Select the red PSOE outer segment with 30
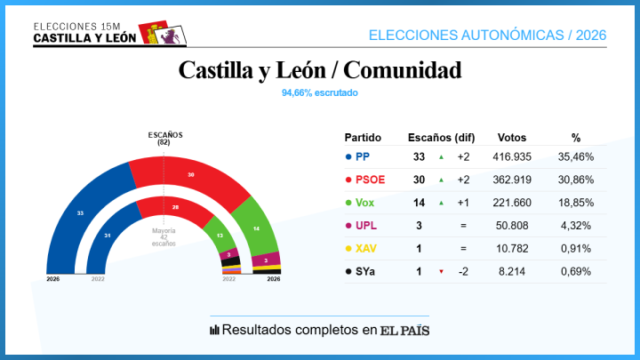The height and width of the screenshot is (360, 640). coord(190,175)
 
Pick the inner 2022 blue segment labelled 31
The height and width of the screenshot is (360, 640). coord(107,235)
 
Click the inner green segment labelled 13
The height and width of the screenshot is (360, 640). coord(220,235)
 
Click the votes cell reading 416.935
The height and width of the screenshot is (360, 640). coord(512,156)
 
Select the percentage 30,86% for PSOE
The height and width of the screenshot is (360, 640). coord(575,180)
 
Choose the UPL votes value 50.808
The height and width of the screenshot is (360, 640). coord(512,226)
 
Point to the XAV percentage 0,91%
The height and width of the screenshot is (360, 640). coord(575,249)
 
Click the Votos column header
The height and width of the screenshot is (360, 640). coord(512,138)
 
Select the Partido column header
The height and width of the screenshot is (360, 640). coord(363,138)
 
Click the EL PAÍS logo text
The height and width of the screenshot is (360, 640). coord(405,330)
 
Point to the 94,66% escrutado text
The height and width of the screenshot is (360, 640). coord(320,92)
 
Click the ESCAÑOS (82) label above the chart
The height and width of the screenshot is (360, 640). coord(164,138)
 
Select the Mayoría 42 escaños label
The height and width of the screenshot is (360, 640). coord(164,236)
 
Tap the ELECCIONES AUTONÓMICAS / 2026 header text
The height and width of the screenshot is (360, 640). coord(487,35)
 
